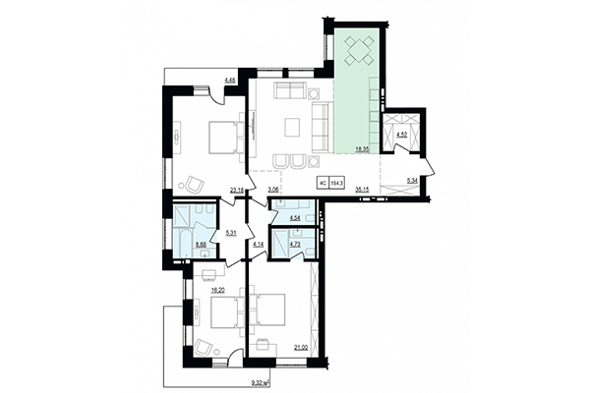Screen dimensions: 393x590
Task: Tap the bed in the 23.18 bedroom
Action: (222, 138)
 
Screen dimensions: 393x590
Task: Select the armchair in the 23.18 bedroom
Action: (194, 183)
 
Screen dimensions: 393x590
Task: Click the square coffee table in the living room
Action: (291, 126)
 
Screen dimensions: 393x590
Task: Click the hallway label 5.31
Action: (232, 233)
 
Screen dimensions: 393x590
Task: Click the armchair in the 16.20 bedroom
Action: (203, 345)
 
